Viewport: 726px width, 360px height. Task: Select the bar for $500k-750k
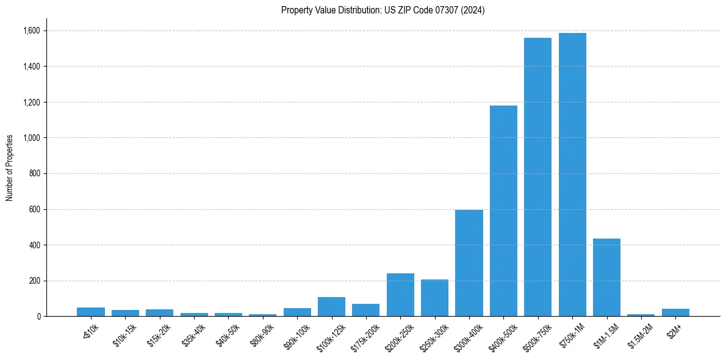click(537, 177)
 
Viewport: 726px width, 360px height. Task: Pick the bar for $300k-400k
click(469, 263)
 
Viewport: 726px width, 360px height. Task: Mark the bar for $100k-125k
click(331, 307)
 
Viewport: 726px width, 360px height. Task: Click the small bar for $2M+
click(675, 312)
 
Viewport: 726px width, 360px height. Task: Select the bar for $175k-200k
click(366, 310)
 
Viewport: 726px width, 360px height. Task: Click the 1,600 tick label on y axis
click(32, 31)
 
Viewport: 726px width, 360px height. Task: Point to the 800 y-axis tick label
click(35, 173)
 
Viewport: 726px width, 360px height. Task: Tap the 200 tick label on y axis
click(35, 281)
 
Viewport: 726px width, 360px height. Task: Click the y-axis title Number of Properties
click(9, 168)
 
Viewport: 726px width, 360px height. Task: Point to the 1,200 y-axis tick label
click(32, 102)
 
